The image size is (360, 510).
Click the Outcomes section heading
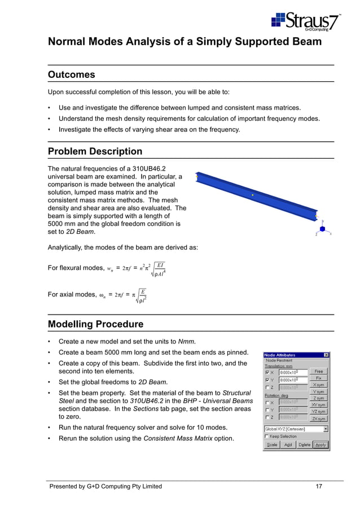[72, 75]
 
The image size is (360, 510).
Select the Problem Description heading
[95, 151]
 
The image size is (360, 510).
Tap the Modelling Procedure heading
[95, 324]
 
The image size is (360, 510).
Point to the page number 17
[319, 486]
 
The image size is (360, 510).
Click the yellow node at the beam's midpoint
[253, 195]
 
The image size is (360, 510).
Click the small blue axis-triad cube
[323, 229]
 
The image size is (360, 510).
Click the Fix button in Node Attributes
[318, 378]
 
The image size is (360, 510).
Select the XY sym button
[318, 405]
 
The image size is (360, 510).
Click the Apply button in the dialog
[321, 445]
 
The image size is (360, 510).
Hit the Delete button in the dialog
[304, 445]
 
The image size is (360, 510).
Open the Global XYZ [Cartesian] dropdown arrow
[326, 429]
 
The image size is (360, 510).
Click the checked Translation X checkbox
[267, 373]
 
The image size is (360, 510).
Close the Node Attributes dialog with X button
[326, 355]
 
